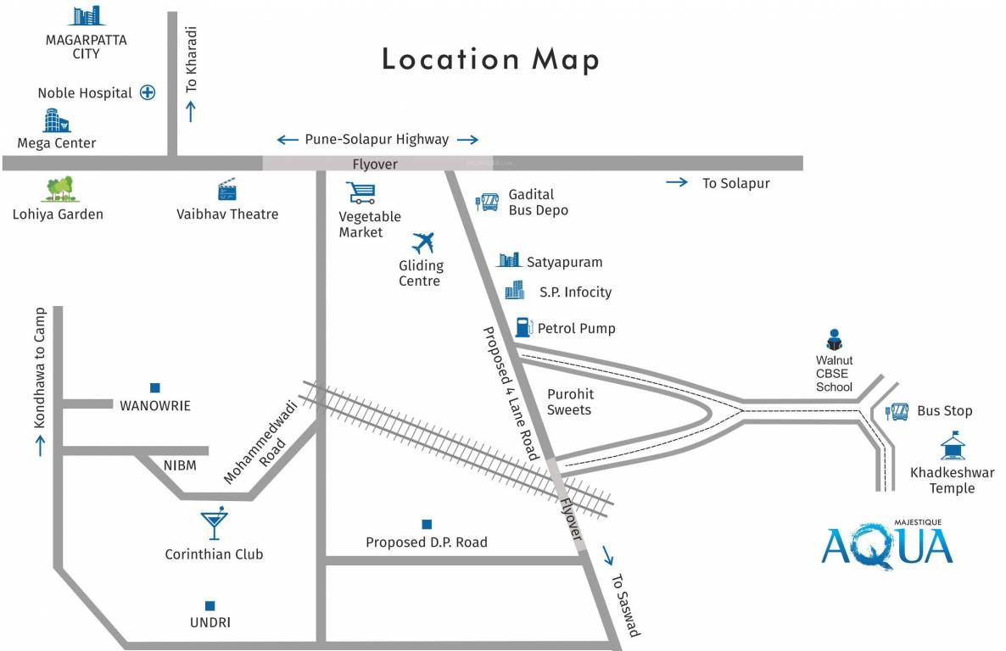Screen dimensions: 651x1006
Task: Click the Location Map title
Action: (x=490, y=59)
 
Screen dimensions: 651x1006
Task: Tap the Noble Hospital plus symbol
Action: (x=148, y=93)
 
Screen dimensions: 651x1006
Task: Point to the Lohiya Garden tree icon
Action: (x=59, y=189)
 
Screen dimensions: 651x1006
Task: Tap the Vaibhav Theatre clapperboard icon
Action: (x=226, y=190)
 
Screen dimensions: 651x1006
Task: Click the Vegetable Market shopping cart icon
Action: (x=360, y=193)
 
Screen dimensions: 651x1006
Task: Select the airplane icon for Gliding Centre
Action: (x=422, y=242)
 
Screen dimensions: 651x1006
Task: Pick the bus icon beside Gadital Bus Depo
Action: (x=487, y=202)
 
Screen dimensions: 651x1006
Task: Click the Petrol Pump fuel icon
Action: (x=523, y=327)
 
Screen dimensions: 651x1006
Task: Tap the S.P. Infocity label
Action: (x=575, y=292)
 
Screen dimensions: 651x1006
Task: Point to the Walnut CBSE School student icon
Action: (x=834, y=340)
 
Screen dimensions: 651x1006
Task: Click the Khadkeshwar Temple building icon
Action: (x=952, y=447)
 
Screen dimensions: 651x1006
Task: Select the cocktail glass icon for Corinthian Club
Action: (x=214, y=525)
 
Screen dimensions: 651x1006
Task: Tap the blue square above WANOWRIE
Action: (x=155, y=387)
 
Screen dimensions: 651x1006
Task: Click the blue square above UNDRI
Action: (x=210, y=605)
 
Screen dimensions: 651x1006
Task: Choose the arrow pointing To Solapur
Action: (x=677, y=182)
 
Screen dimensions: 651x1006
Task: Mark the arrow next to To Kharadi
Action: (x=191, y=111)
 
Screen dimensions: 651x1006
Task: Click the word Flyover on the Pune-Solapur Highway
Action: (x=375, y=164)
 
